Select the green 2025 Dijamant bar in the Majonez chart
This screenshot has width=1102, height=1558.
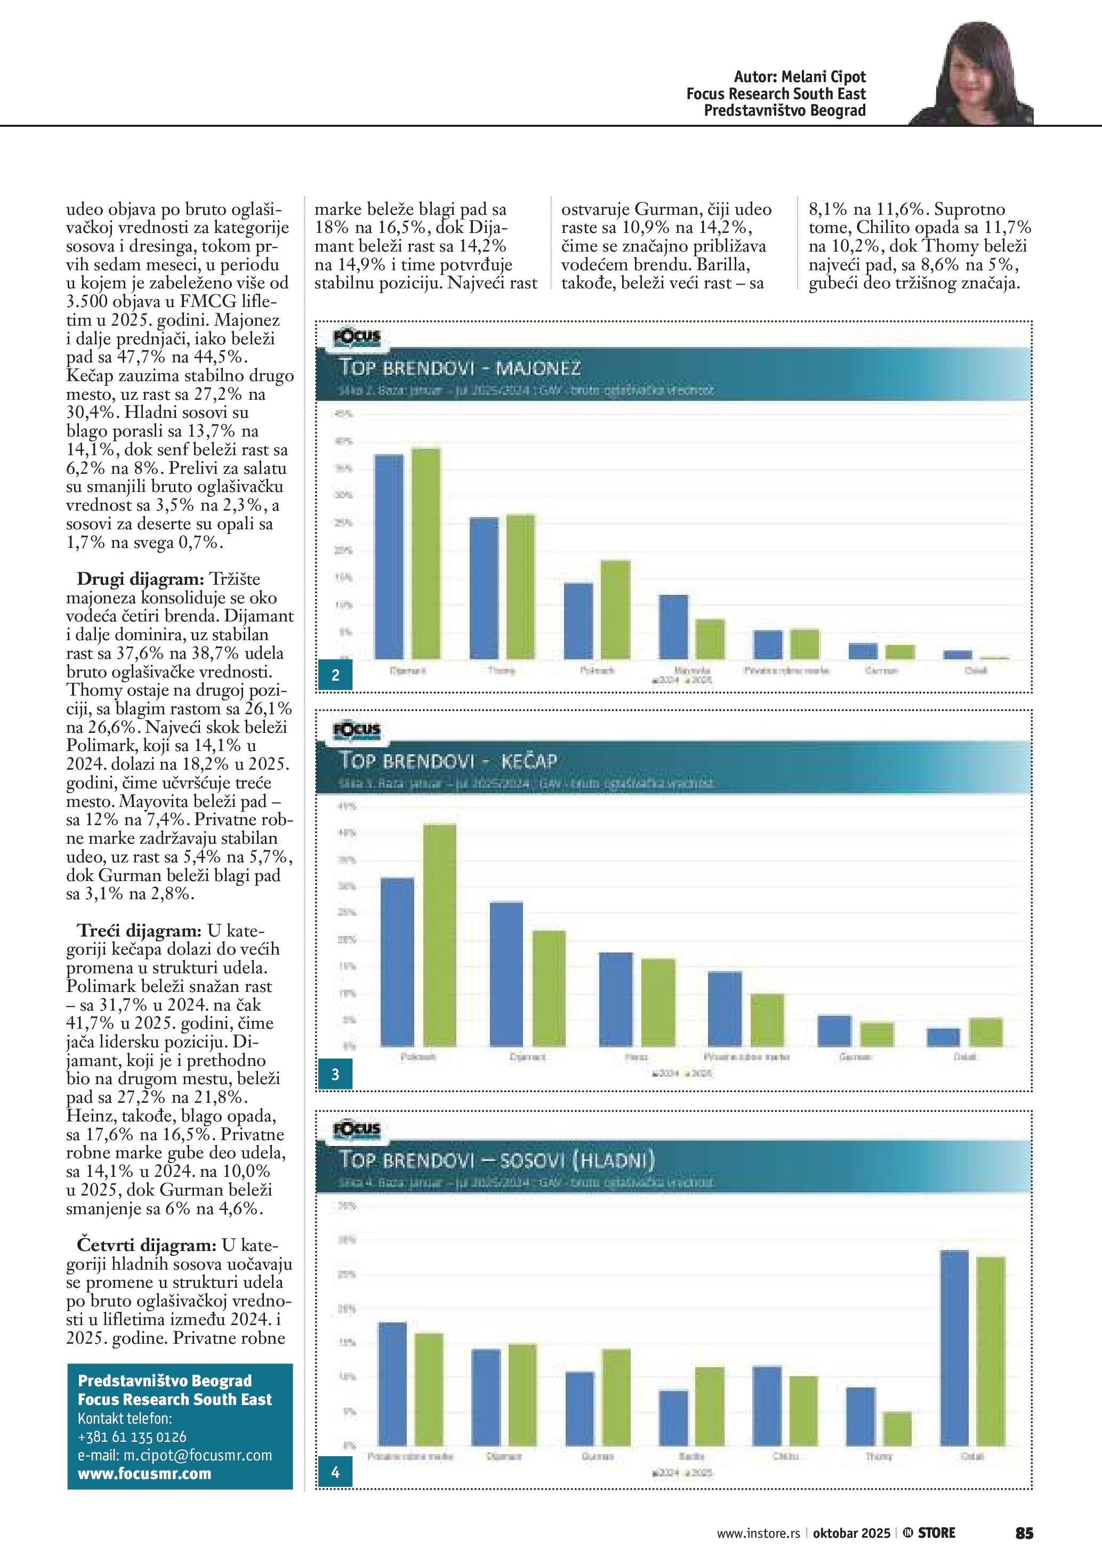click(x=425, y=553)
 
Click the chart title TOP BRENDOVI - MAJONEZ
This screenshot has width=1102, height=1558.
click(x=460, y=368)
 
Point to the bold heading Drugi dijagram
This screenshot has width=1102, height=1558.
click(x=140, y=579)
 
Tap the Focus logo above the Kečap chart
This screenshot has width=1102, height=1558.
click(x=357, y=730)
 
